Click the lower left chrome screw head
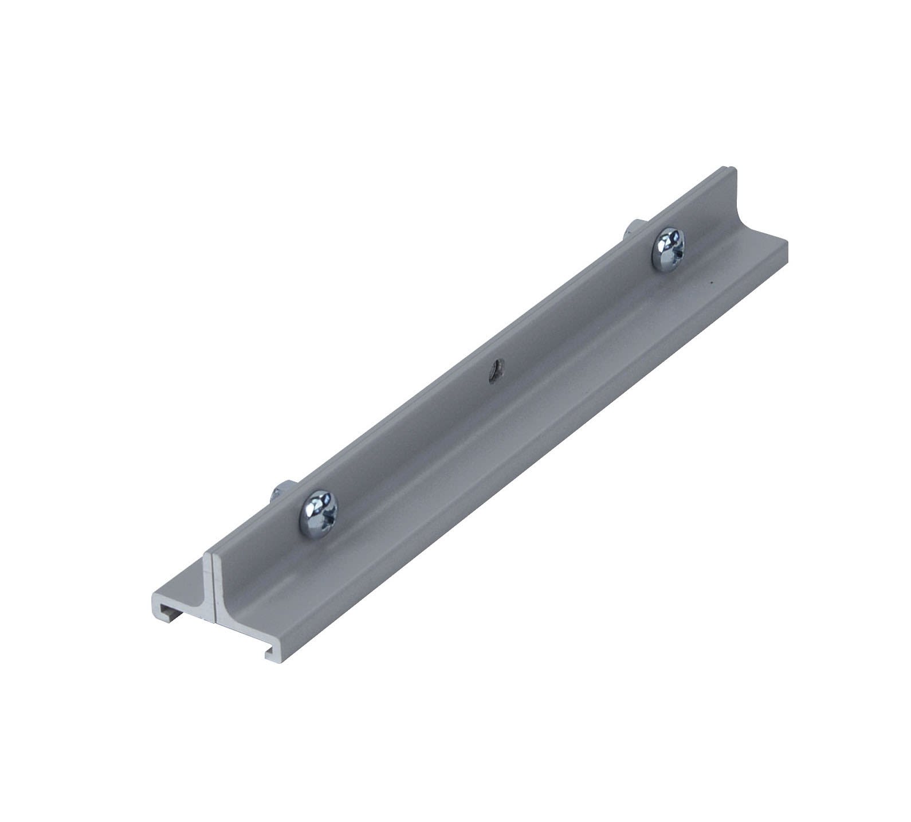tap(319, 513)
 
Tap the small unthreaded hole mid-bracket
tap(494, 370)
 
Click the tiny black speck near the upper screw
tap(711, 282)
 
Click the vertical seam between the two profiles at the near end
tap(213, 590)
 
